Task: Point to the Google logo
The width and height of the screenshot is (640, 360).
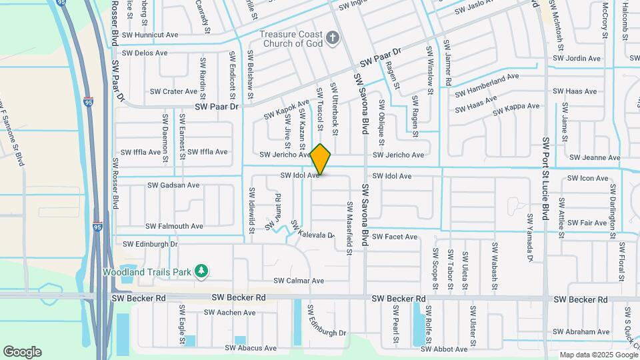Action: coord(22,352)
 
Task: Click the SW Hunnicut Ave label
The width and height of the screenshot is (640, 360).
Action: coord(150,35)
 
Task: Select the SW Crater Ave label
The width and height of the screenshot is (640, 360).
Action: coord(173,91)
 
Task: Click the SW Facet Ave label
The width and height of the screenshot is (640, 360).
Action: coord(395,237)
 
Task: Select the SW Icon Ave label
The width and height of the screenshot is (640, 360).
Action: coord(587,179)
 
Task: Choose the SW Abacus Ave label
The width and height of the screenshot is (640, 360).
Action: coord(251,348)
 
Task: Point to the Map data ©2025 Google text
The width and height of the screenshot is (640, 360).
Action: coord(597,355)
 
